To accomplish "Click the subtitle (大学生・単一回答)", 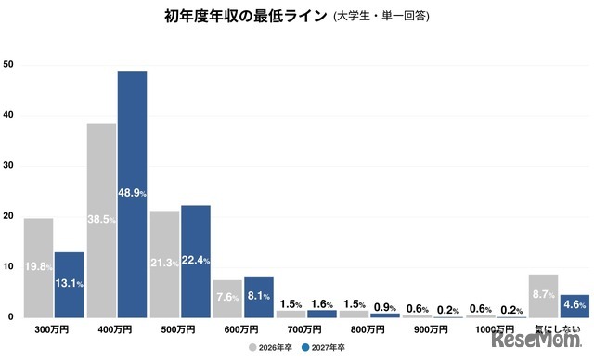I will tap(381, 17).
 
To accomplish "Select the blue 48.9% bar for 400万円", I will tap(132, 195).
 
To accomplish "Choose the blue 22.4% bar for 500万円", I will tap(195, 262).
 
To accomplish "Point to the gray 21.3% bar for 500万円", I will tap(164, 264).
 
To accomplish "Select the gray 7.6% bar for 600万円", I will tap(227, 299).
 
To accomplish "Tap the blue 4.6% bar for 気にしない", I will tap(574, 306).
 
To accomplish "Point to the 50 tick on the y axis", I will tap(8, 65).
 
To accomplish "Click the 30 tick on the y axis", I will tap(8, 166).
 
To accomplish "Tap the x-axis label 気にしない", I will tap(558, 329).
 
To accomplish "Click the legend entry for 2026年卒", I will tap(273, 349).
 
